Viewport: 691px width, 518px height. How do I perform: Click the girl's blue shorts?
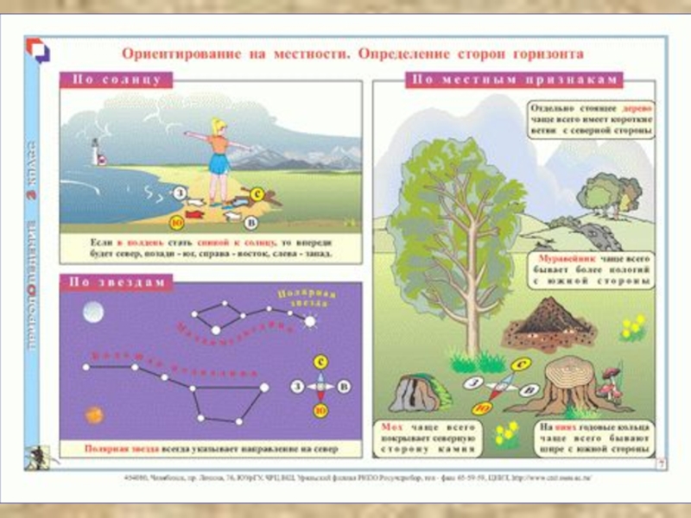click(x=219, y=166)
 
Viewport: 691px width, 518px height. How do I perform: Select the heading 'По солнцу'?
click(x=117, y=79)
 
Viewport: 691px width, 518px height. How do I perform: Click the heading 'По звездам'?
click(x=117, y=281)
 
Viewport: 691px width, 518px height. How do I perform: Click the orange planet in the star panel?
click(x=93, y=414)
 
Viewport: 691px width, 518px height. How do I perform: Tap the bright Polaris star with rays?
click(x=310, y=320)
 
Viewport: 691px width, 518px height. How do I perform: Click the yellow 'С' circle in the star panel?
click(x=320, y=363)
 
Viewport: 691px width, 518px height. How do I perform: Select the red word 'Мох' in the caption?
click(x=390, y=426)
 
